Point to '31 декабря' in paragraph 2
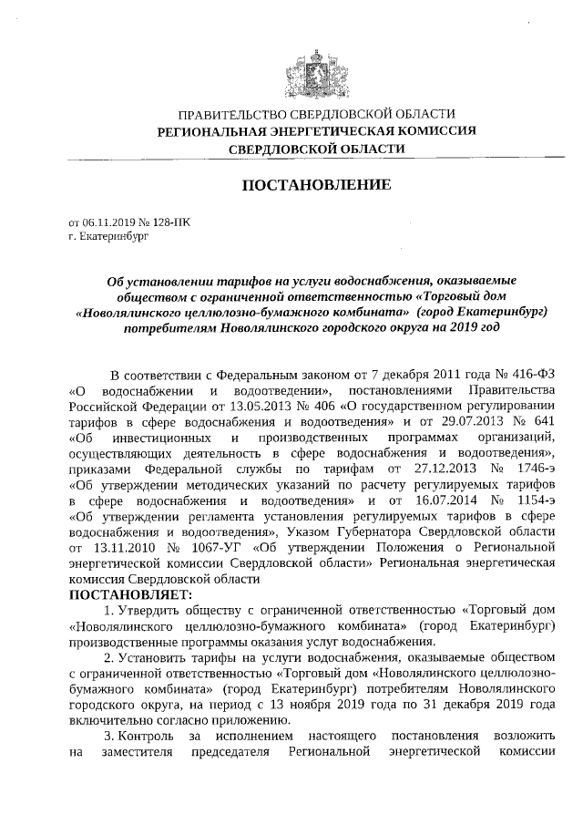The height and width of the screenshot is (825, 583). (x=441, y=705)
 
